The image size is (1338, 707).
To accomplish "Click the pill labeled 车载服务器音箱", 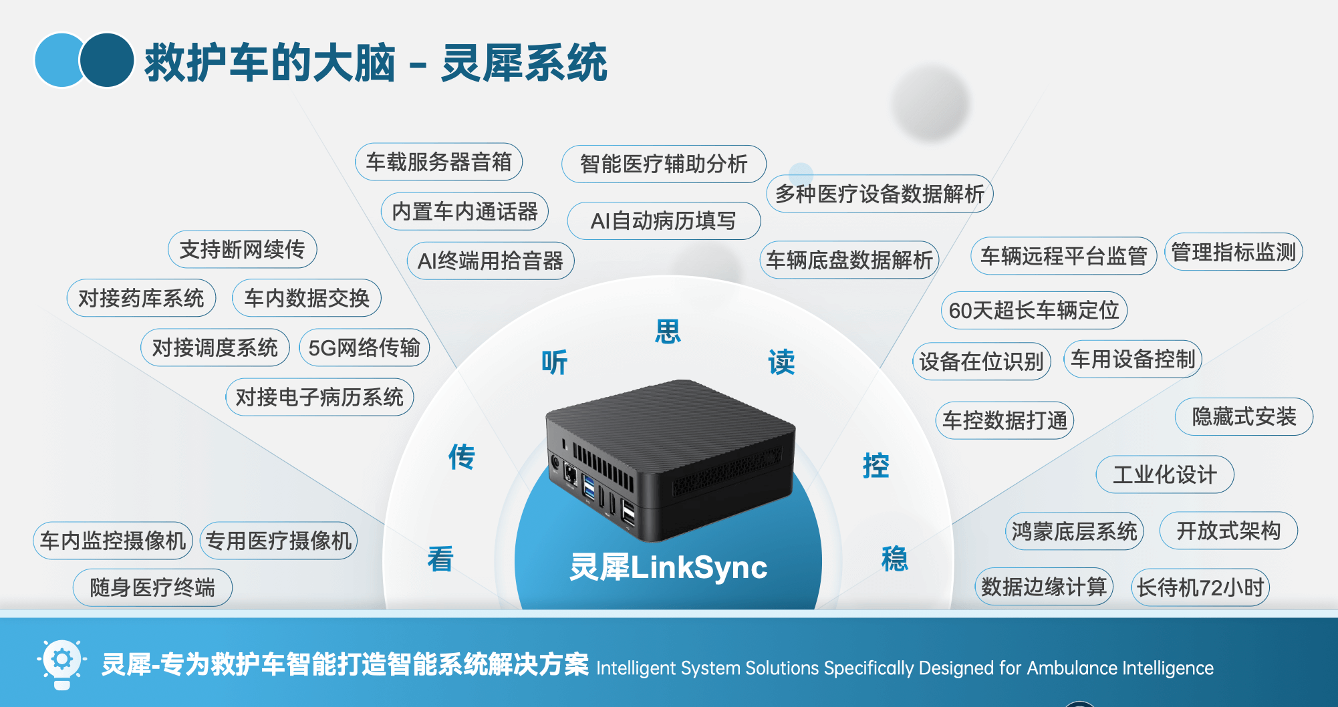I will point(438,162).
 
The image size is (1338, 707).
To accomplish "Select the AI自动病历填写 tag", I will point(663,221).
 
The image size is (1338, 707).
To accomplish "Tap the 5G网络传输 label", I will point(364,347).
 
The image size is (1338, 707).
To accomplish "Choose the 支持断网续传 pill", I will point(242,249).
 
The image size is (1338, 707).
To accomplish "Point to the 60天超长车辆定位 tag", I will point(1033,310).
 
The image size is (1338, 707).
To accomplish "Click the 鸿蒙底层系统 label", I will point(1074,531).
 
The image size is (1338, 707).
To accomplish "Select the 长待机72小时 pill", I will point(1200,587).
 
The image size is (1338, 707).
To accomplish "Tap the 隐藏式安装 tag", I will point(1244,416).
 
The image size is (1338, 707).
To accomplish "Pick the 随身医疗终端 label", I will point(152,587).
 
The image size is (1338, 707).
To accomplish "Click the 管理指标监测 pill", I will point(1233,252).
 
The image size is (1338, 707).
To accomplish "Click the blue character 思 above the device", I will point(668,331).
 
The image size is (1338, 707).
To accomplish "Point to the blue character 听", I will point(554,362).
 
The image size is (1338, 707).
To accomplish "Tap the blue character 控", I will point(876,466).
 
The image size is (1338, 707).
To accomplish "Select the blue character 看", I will point(440,559).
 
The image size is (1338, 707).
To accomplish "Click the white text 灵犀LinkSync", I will point(668,567).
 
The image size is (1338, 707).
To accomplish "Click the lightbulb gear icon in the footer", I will point(61,663).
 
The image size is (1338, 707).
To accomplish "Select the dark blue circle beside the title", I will point(107,60).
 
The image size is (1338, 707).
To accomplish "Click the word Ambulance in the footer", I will point(1073,668).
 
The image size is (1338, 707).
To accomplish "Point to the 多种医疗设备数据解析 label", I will point(880,194).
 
